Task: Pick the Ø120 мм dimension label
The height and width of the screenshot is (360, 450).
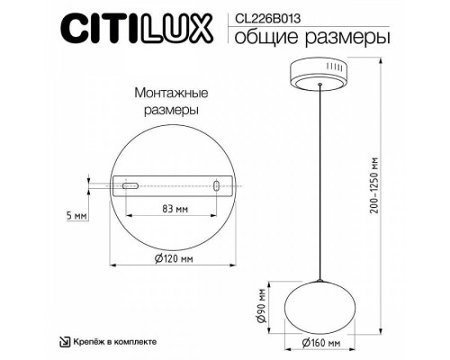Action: [x=169, y=260]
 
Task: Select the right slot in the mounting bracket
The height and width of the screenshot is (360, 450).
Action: [x=217, y=186]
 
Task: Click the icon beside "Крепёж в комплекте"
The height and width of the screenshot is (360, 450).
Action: [x=66, y=343]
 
